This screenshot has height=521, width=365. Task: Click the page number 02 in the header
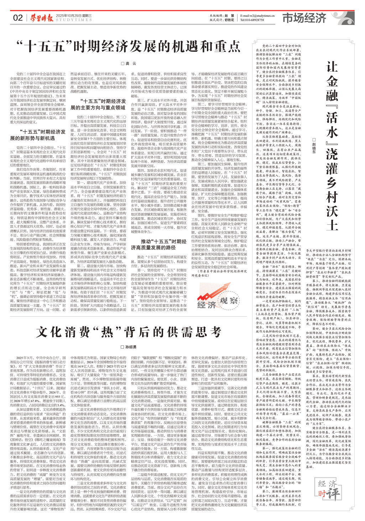(18, 18)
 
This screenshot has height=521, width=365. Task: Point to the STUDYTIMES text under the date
(73, 20)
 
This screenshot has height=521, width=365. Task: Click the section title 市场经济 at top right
(304, 18)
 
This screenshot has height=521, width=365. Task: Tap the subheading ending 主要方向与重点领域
(98, 107)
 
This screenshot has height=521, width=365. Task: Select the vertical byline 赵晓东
(314, 146)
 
